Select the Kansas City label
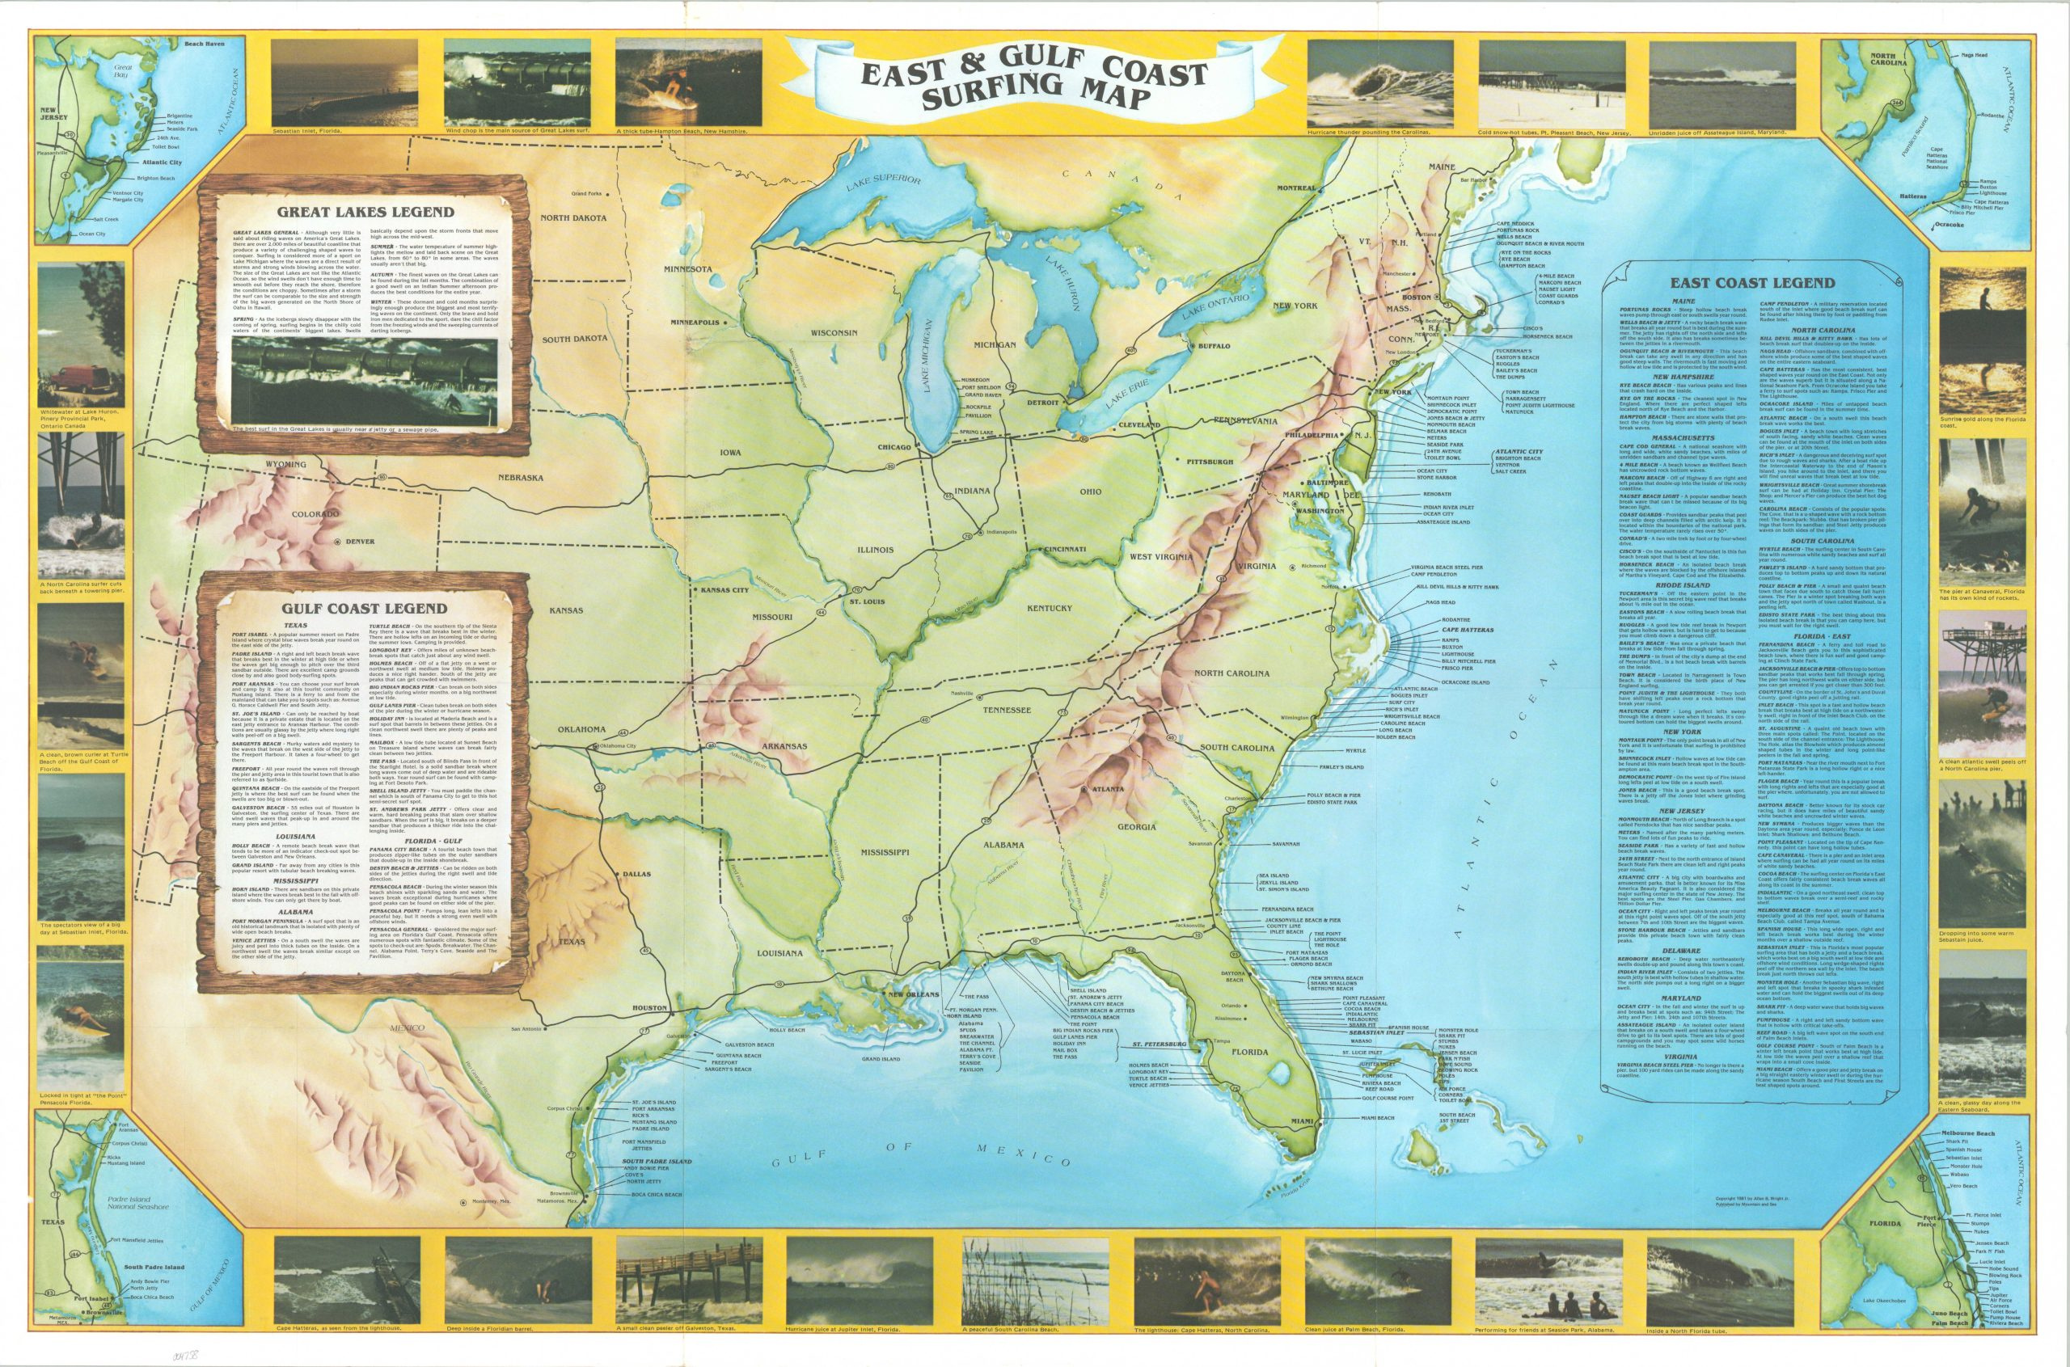tap(724, 590)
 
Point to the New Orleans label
tap(911, 994)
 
